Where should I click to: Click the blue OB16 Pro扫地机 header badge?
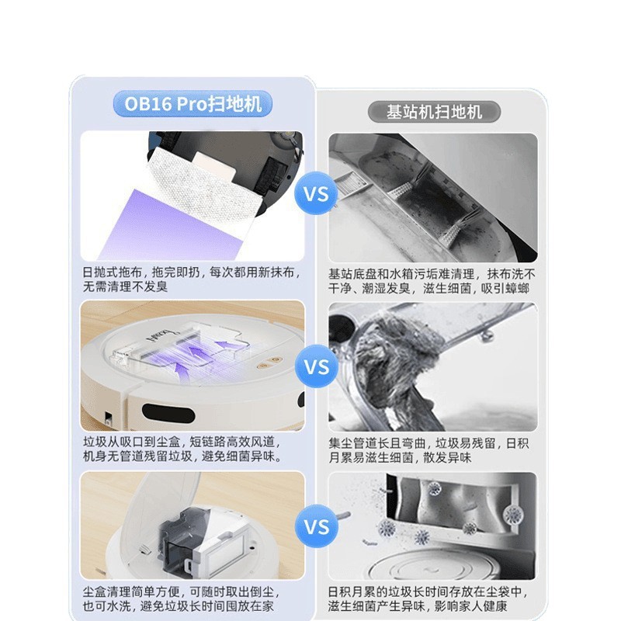[x=193, y=104]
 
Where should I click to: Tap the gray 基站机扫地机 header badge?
[x=434, y=112]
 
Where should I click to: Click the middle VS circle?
[x=316, y=366]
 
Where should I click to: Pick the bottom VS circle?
[x=316, y=528]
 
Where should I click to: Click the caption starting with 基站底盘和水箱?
[x=432, y=281]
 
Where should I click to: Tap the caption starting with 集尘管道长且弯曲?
[x=432, y=450]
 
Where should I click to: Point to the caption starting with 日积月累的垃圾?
[x=432, y=598]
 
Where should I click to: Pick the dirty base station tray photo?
[x=432, y=197]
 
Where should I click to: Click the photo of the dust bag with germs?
[x=432, y=525]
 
